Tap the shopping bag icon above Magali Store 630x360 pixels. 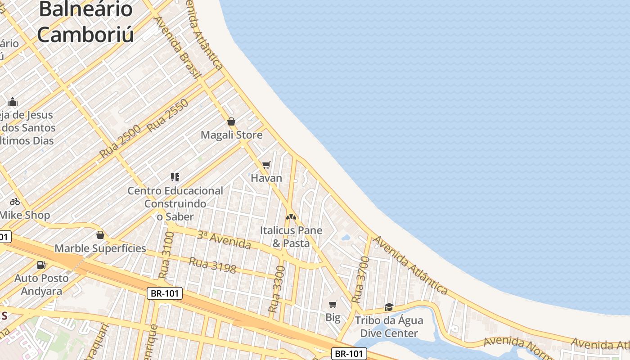231,121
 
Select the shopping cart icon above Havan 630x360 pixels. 266,165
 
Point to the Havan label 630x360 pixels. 266,178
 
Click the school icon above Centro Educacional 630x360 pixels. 175,177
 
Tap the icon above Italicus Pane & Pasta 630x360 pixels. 291,217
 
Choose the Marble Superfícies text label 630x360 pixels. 100,248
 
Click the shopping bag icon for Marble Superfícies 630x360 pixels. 100,235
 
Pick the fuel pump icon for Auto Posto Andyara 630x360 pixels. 41,265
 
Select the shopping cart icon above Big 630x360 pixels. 333,305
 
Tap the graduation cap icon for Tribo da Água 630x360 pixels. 389,307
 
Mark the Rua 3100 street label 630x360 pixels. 166,255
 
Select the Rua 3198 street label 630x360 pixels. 212,265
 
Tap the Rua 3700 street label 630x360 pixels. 360,279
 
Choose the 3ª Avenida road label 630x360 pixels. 224,239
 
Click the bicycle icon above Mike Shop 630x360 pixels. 15,202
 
